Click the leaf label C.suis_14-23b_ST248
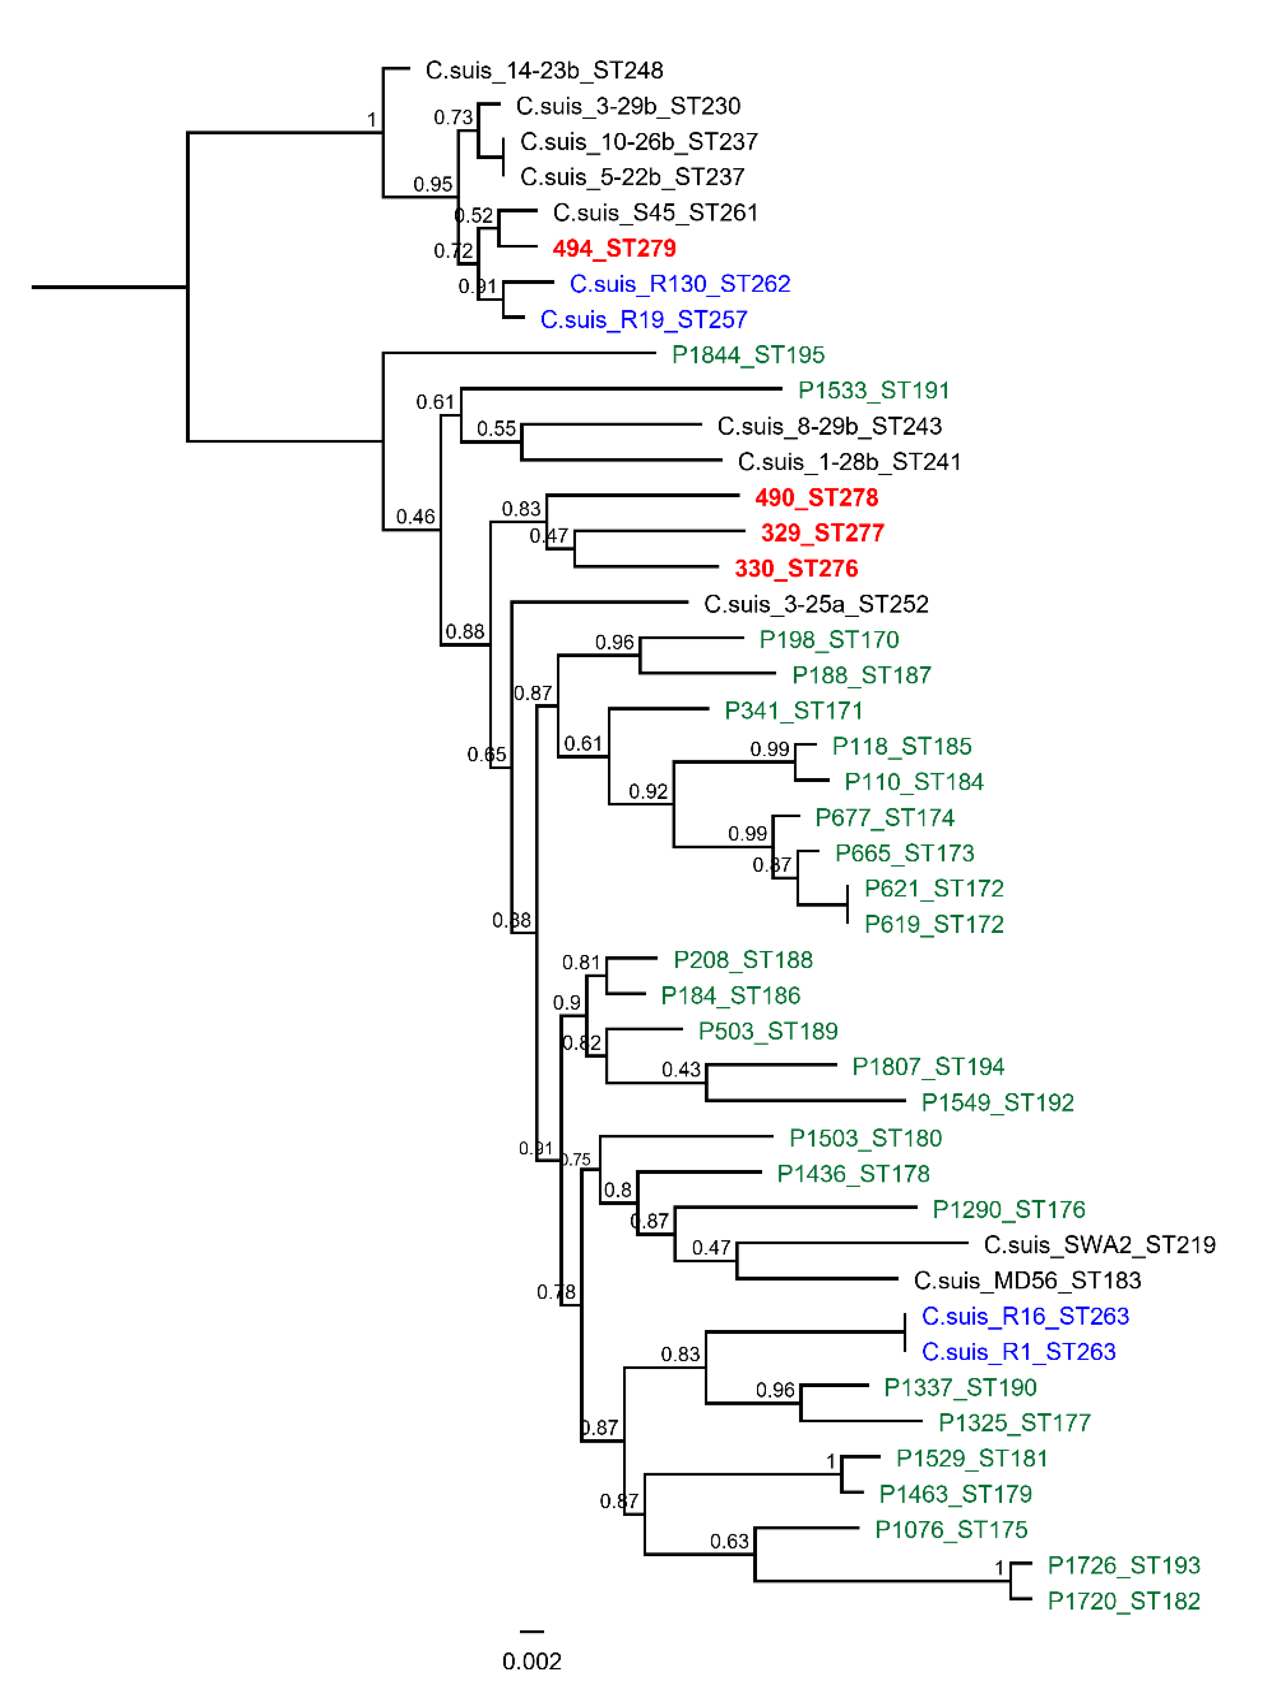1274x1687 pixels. [544, 70]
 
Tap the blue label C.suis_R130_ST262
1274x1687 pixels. [679, 284]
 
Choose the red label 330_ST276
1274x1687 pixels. [796, 568]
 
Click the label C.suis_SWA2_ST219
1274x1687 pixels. [1099, 1245]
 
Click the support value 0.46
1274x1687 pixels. [415, 517]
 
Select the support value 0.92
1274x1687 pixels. [648, 792]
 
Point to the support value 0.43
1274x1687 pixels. [681, 1069]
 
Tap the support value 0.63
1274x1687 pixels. [730, 1541]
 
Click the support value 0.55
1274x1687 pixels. [496, 429]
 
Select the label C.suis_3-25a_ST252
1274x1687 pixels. [816, 604]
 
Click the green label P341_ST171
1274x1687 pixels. [793, 711]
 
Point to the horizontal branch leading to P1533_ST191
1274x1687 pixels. [621, 389]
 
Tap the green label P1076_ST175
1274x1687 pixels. [951, 1529]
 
